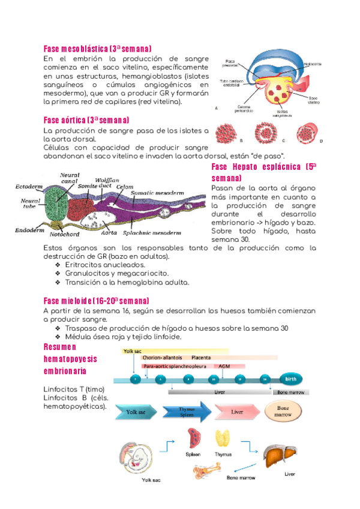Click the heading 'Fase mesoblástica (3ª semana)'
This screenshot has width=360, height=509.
point(98,48)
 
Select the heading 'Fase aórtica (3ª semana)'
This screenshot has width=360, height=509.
point(86,120)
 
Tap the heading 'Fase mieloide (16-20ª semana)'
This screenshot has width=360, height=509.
point(97,300)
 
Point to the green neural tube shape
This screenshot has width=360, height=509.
point(58,204)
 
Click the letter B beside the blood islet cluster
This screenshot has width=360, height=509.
point(241,140)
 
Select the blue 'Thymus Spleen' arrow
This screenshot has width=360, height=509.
point(187,412)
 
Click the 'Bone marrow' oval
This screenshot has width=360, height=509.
point(283,412)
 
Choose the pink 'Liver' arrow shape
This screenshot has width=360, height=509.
point(238,412)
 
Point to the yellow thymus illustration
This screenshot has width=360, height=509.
point(223,440)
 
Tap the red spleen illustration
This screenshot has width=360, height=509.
point(194,438)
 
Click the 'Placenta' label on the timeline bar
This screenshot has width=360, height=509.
point(202,357)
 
